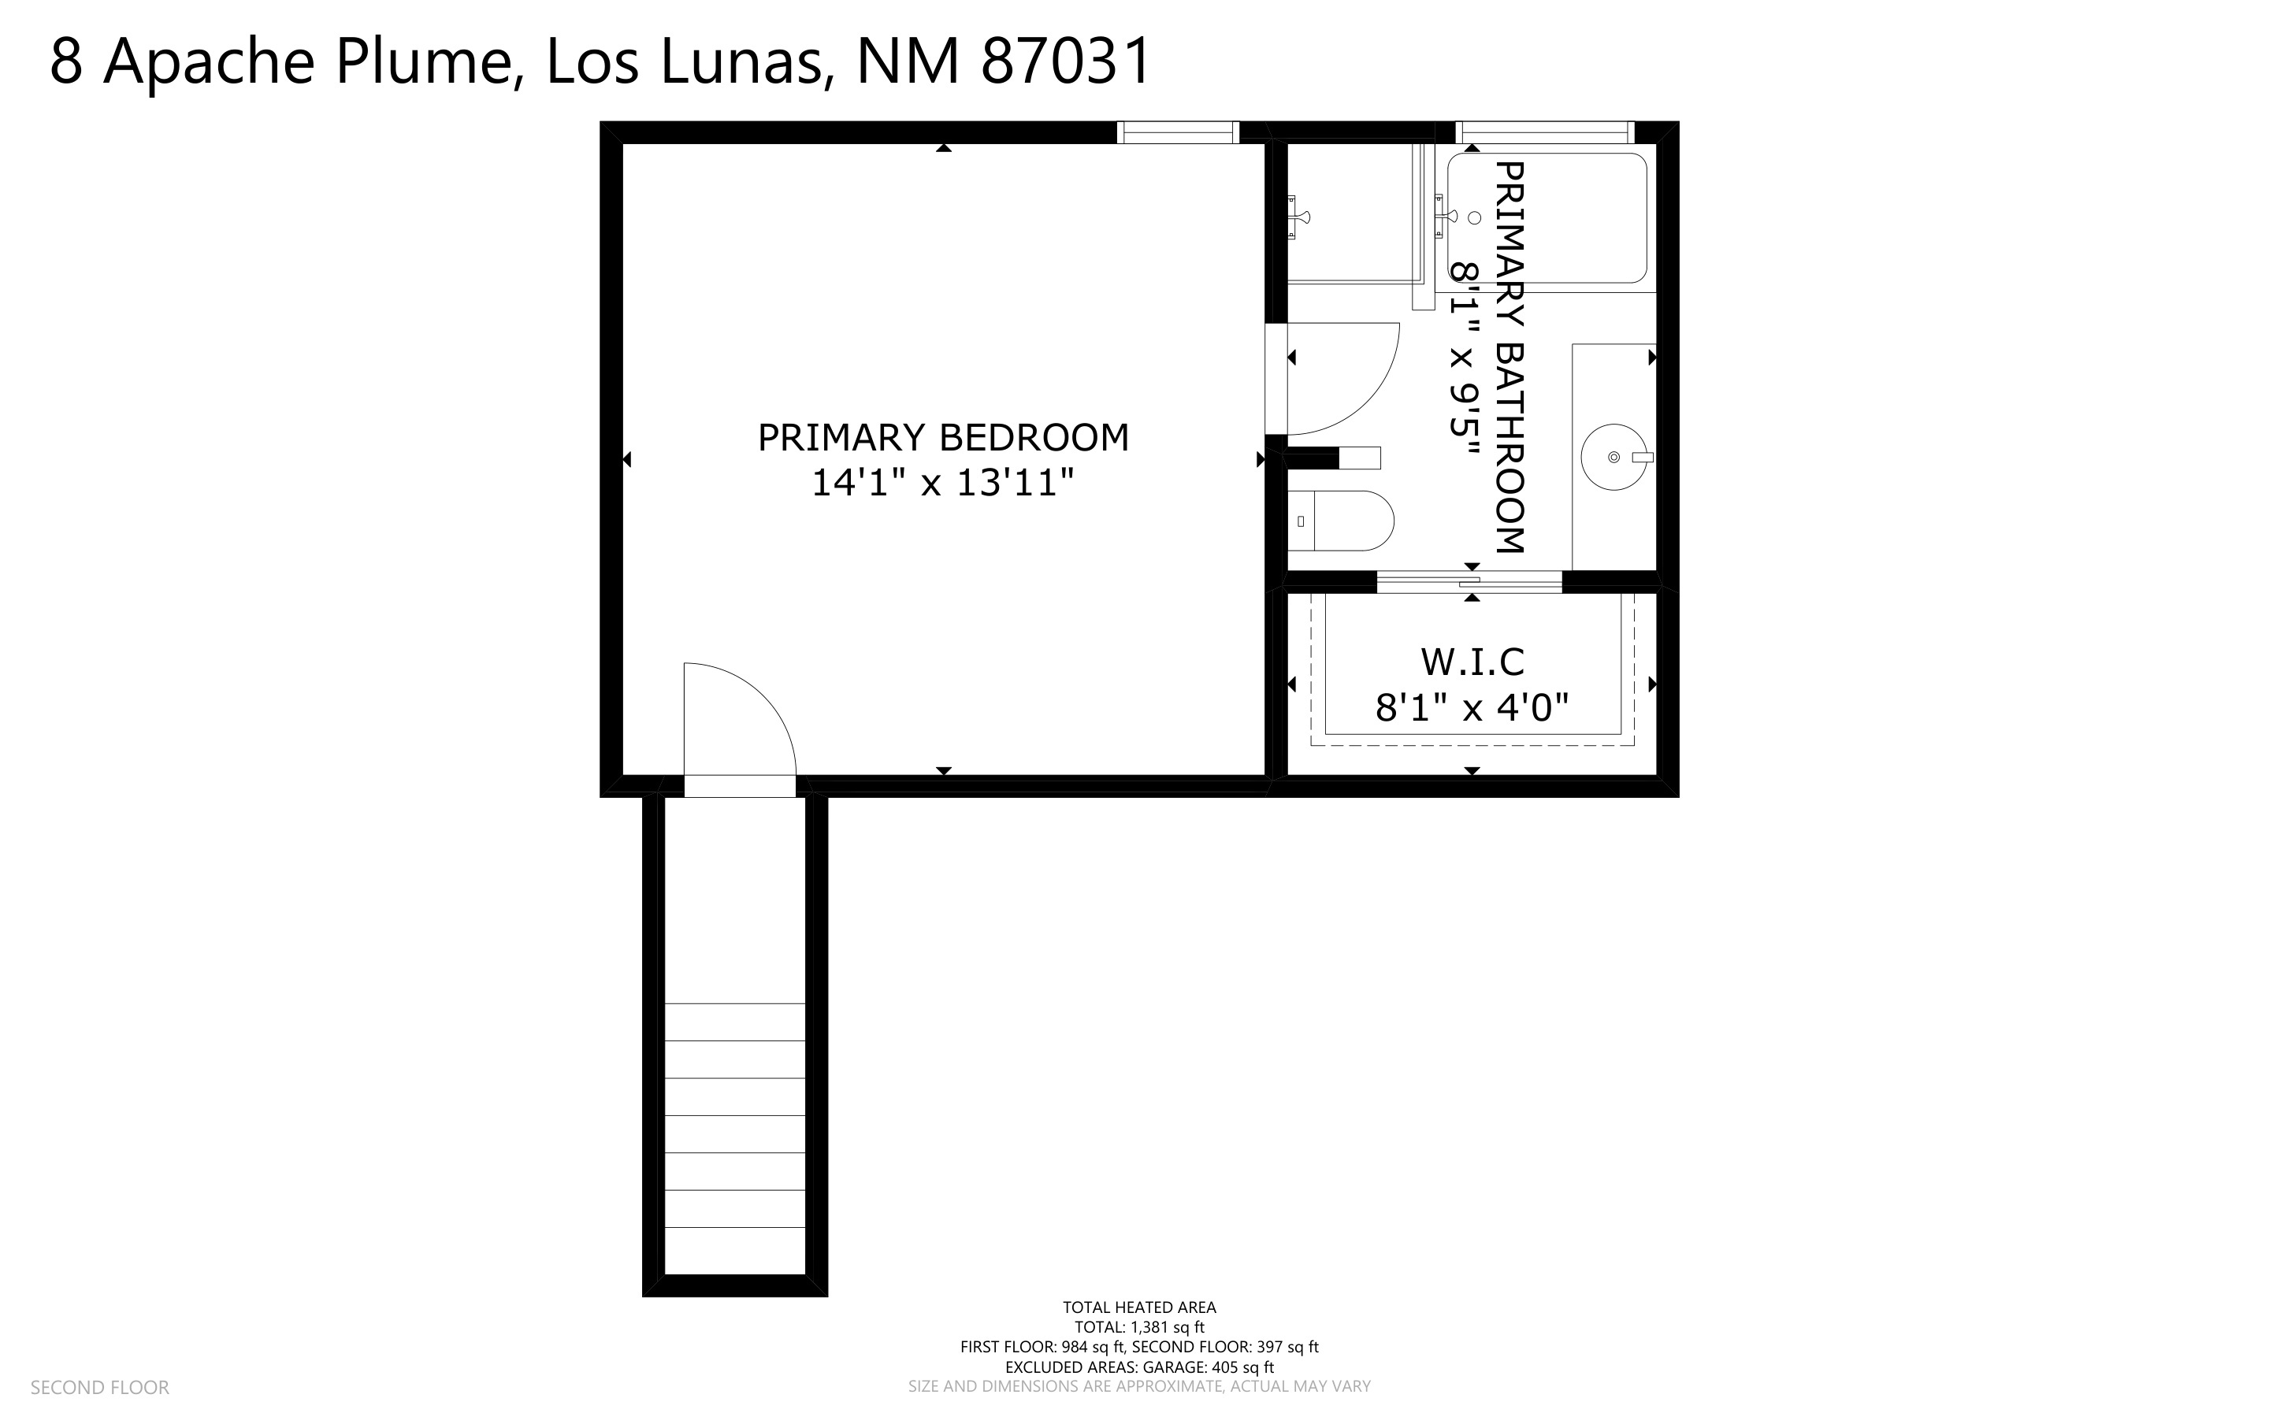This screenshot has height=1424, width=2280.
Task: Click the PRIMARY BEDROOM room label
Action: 943,438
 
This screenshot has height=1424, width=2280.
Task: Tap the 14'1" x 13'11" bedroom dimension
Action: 943,483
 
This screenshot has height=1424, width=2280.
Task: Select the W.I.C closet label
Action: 1472,662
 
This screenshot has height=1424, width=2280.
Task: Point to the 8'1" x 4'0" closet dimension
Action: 1472,707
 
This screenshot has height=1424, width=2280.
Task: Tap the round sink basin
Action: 1614,458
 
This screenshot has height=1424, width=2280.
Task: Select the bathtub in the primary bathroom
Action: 1547,217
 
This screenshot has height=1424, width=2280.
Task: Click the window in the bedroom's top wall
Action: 1177,133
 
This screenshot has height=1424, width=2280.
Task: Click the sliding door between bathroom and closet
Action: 1469,582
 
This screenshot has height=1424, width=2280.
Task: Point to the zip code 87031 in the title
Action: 1066,61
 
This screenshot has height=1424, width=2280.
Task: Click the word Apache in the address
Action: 208,63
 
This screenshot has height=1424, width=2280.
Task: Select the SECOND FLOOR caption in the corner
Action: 100,1387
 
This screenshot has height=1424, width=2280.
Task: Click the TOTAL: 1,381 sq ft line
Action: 1139,1327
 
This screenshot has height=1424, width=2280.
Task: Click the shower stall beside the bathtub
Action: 1353,212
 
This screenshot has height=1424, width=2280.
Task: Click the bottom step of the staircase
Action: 734,1251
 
